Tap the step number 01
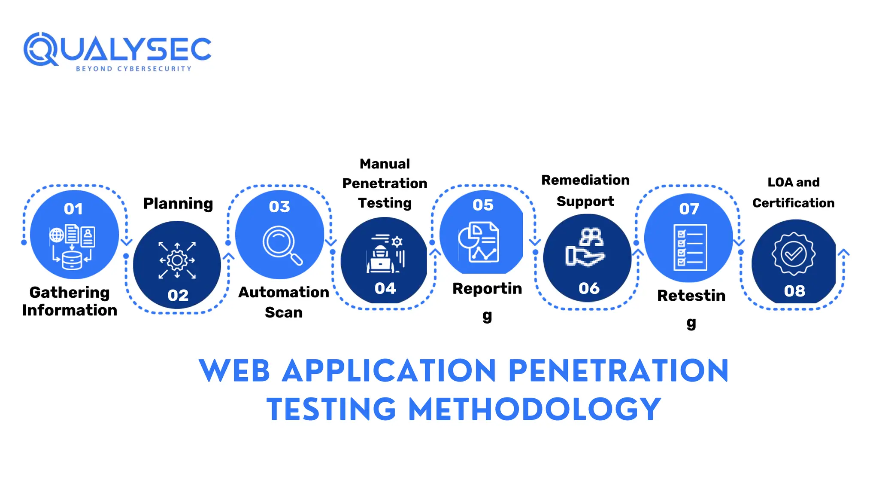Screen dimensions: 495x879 (x=73, y=209)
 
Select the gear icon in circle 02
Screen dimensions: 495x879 (x=177, y=260)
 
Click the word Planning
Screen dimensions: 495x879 (x=178, y=203)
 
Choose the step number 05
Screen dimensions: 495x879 (x=483, y=205)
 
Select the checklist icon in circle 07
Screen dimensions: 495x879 (x=690, y=247)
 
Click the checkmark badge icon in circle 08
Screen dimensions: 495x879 (x=794, y=254)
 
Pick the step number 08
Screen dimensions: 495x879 (x=794, y=291)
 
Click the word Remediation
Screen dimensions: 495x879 (x=585, y=180)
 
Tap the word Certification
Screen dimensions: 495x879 (x=793, y=203)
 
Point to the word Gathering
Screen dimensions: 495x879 (x=70, y=293)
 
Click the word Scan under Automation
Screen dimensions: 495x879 (x=284, y=312)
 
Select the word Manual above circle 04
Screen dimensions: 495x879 (x=385, y=164)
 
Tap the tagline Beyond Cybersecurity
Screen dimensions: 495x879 (x=133, y=69)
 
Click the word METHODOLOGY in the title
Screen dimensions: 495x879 (x=534, y=409)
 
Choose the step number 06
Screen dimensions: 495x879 (x=589, y=288)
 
